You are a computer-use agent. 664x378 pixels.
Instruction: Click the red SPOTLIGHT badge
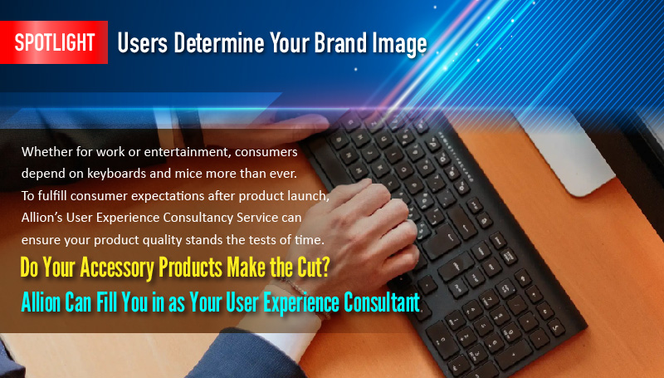(54, 42)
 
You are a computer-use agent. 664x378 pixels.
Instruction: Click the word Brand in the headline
(340, 43)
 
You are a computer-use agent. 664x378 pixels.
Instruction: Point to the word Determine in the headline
(219, 43)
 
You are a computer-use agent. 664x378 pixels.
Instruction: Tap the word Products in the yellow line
(191, 268)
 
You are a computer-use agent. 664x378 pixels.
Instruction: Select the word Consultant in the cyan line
(381, 302)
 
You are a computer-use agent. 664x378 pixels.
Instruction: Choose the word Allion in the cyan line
(41, 303)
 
